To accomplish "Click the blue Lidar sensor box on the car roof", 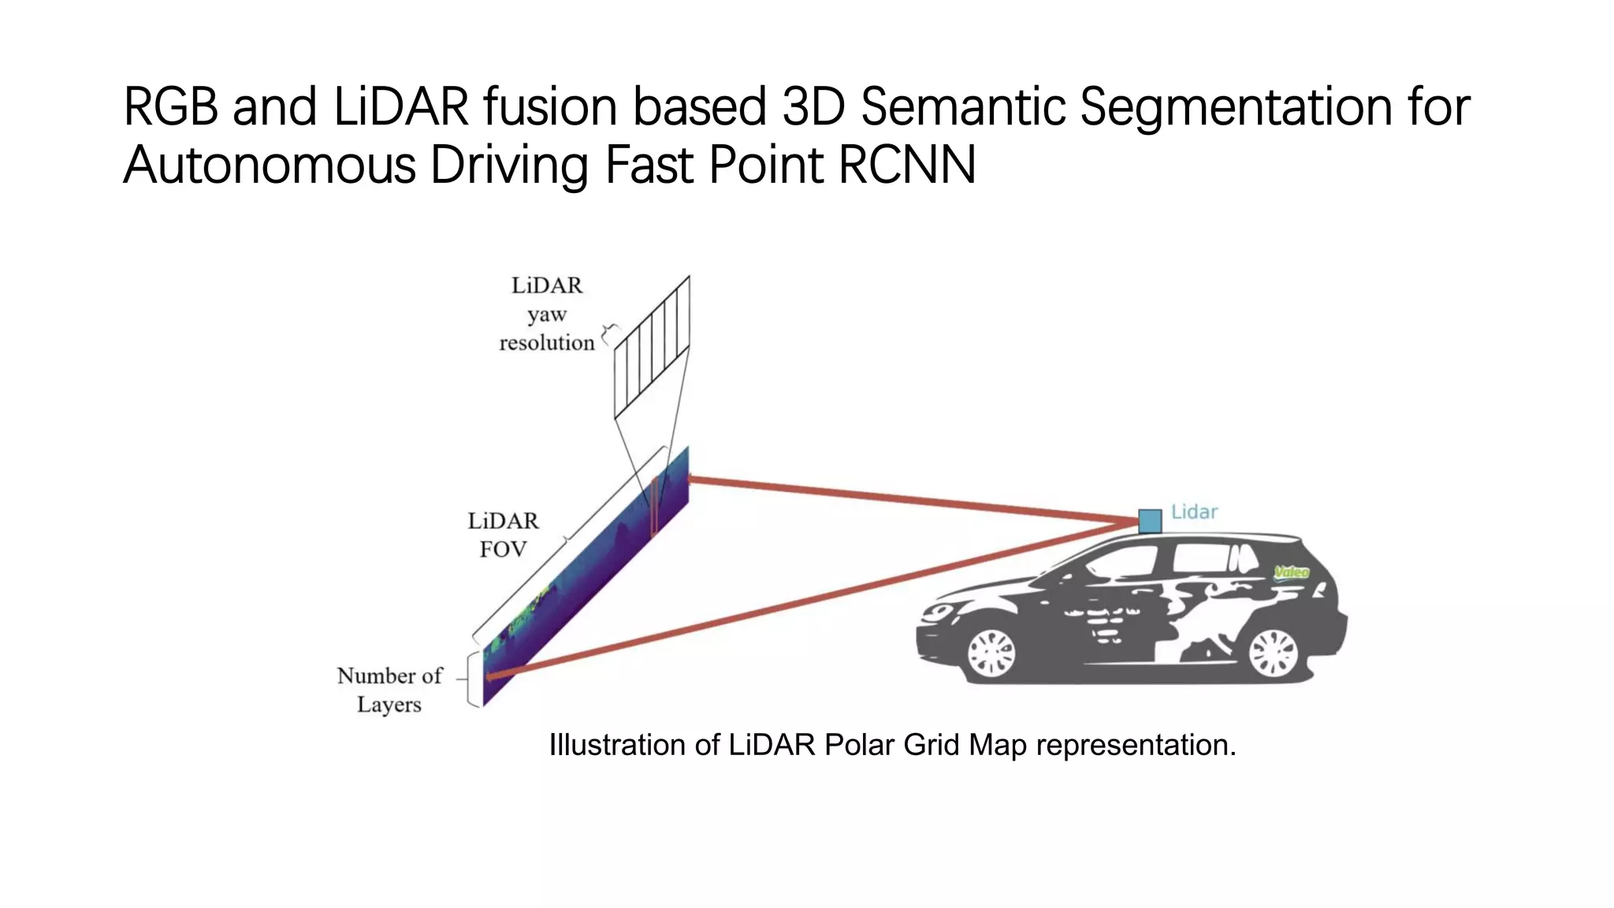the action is click(x=1150, y=521).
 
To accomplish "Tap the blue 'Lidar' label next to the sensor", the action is click(x=1194, y=512).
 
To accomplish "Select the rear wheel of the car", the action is click(x=1273, y=653).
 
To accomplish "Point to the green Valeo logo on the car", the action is click(x=1291, y=572).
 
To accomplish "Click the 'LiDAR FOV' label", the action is click(x=503, y=534).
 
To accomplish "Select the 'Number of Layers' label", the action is click(x=389, y=690).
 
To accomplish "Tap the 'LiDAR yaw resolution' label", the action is click(x=546, y=314).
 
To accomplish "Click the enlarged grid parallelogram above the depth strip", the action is click(x=652, y=347).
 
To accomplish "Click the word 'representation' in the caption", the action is click(x=1136, y=745).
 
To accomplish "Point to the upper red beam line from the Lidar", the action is click(x=906, y=500).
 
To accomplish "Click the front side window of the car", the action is click(x=1123, y=561).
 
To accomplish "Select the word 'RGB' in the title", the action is click(x=171, y=106).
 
